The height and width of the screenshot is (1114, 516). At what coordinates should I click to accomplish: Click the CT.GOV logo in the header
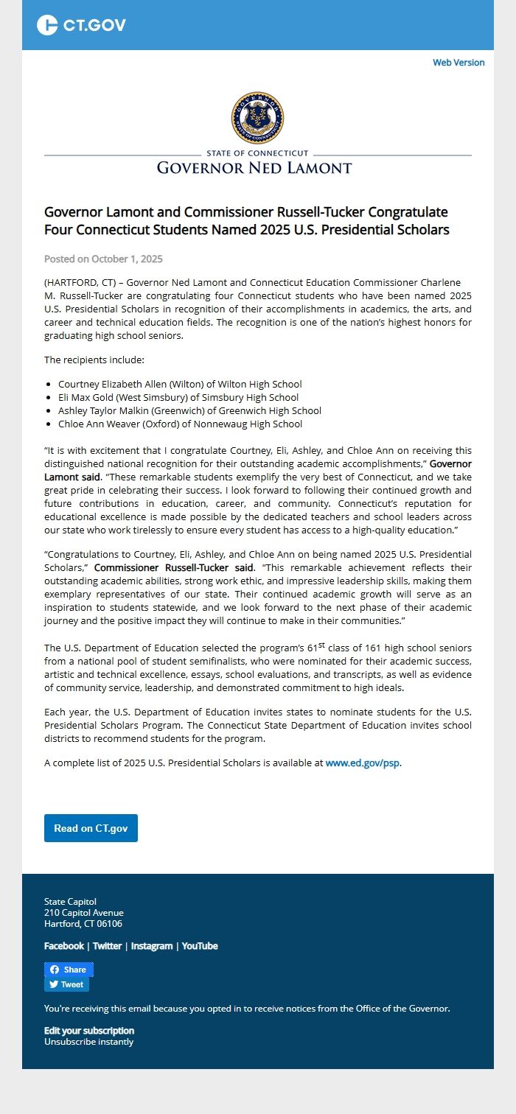[81, 25]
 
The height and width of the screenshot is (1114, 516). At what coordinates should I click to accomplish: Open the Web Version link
[459, 63]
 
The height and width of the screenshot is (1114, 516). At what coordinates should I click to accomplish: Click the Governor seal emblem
[257, 118]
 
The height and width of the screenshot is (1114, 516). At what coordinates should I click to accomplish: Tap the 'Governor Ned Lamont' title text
[254, 168]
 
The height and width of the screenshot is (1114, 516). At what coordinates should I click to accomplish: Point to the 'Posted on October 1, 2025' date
[103, 259]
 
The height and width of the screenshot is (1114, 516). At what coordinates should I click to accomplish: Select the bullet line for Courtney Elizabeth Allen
[180, 384]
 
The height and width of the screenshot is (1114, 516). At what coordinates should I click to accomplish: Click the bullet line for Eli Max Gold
[178, 397]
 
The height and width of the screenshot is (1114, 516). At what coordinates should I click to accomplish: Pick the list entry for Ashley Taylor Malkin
[189, 410]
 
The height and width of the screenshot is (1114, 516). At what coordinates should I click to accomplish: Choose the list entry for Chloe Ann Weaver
[180, 424]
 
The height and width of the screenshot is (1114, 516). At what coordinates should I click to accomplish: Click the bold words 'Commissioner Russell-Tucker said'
[173, 568]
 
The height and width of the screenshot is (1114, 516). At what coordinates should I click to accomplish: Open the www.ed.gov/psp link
[363, 763]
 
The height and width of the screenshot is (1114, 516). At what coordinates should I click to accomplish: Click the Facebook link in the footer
[64, 946]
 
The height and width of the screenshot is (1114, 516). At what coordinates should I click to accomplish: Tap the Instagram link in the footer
[152, 946]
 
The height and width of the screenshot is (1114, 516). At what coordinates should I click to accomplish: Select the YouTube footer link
[200, 946]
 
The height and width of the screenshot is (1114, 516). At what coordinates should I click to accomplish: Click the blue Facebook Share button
[69, 970]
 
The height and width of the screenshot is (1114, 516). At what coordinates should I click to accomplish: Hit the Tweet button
[66, 984]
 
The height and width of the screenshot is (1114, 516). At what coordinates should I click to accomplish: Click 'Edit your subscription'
[89, 1031]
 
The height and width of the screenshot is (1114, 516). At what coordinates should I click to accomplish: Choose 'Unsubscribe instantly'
[89, 1042]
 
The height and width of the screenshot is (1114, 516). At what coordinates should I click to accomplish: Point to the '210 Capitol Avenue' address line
[84, 913]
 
